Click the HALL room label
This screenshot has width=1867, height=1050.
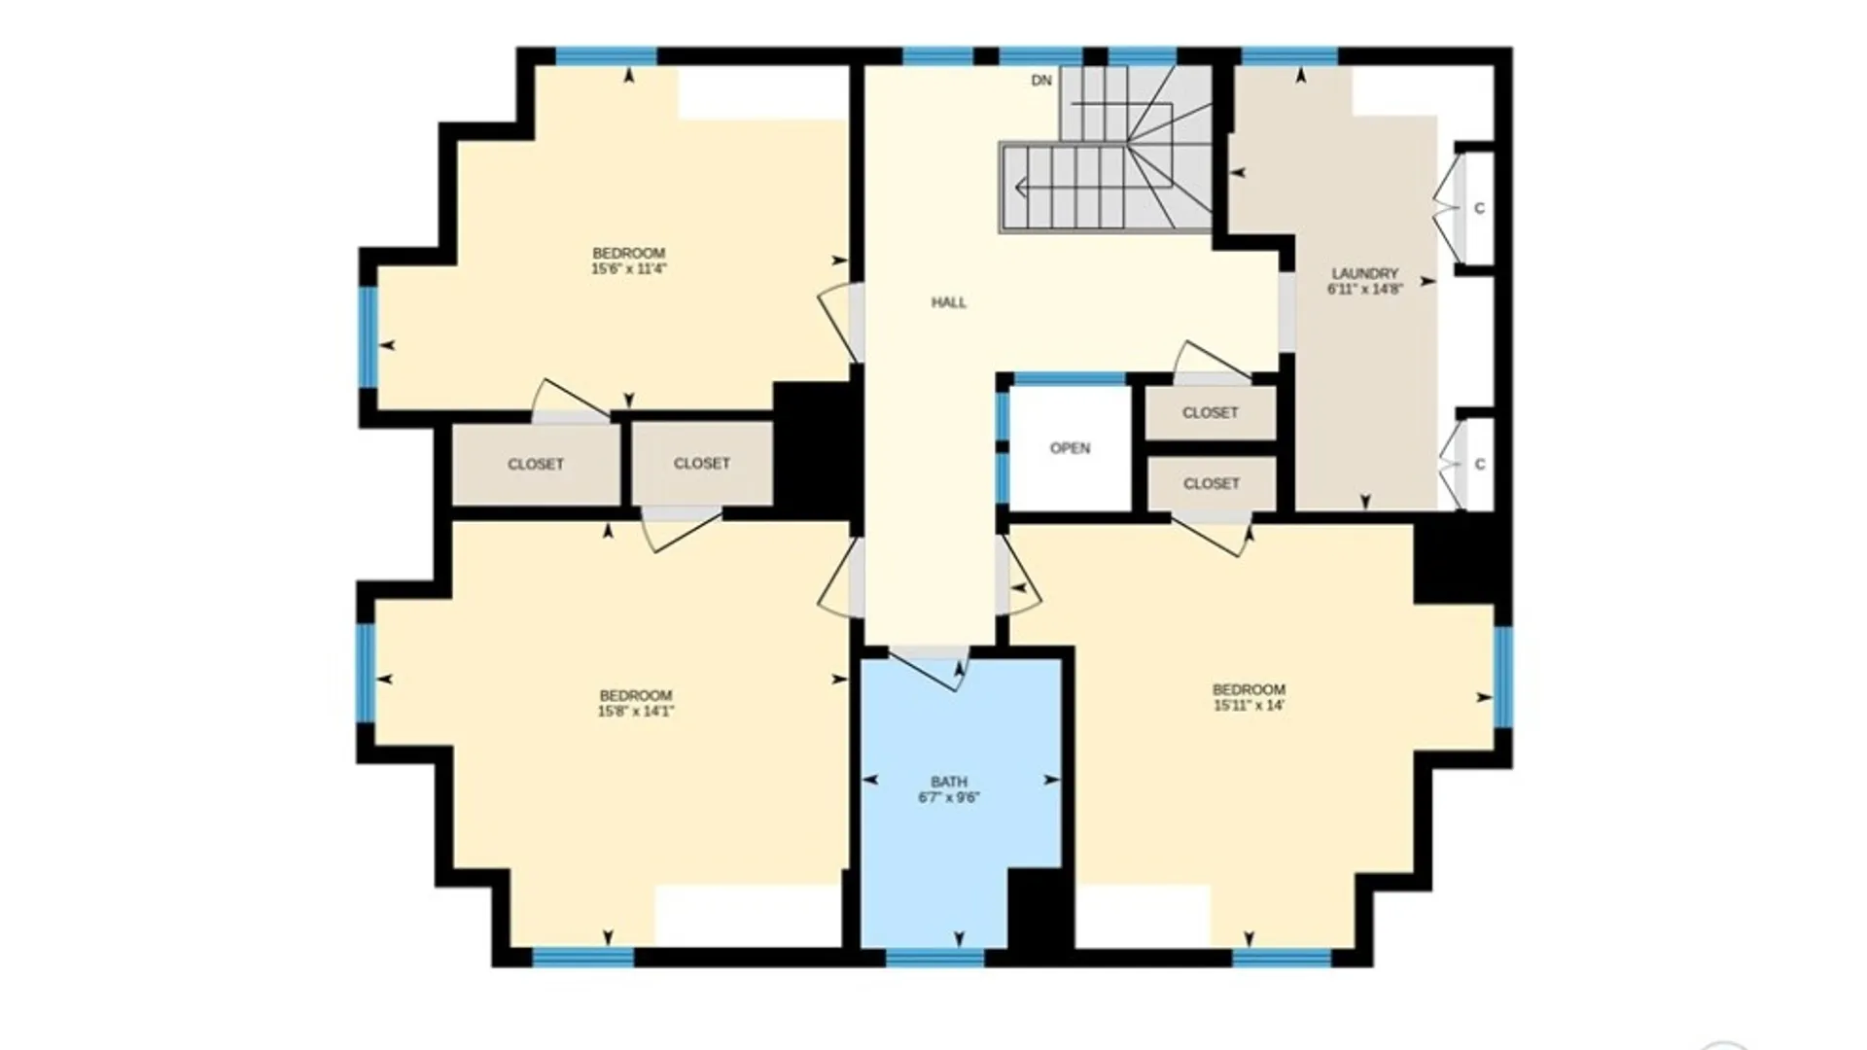pos(949,302)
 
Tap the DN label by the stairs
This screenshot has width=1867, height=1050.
pos(1041,81)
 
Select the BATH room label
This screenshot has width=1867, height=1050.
pos(949,782)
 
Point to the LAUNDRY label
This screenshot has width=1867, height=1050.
pos(1365,274)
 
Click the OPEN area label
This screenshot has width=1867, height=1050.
pos(1070,448)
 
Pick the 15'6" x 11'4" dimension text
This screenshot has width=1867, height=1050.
pos(629,268)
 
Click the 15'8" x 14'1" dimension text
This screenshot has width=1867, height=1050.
pos(636,711)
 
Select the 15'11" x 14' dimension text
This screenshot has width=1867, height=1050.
pos(1249,705)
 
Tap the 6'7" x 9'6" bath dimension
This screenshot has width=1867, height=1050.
pos(949,797)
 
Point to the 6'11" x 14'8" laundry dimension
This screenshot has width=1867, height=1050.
pos(1365,289)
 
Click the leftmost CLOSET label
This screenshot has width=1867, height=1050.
pos(536,465)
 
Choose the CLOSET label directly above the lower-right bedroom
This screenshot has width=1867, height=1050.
pos(1212,483)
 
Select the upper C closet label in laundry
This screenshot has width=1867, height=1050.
pos(1479,208)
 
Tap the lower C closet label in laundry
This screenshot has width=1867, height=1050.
pos(1479,465)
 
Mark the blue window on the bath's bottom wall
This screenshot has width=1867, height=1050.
pos(935,958)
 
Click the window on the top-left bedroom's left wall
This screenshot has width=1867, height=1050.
pos(369,336)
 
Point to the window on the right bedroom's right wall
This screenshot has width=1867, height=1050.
pos(1503,677)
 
